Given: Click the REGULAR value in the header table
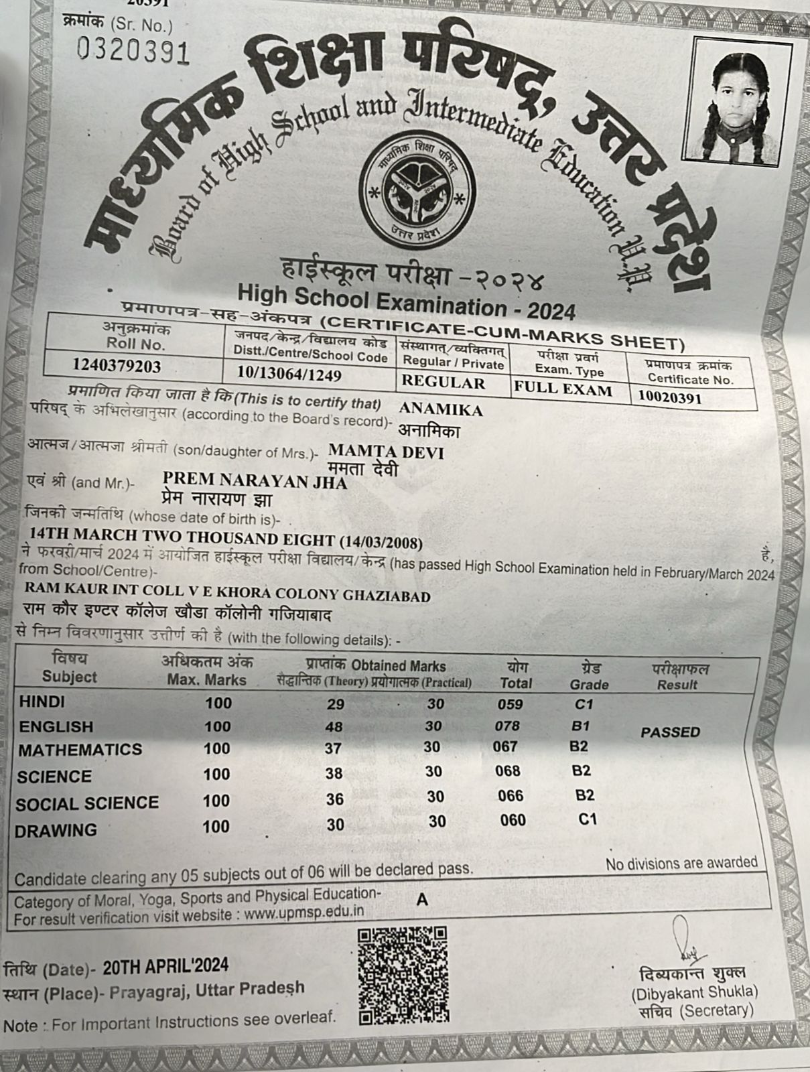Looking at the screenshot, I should [443, 383].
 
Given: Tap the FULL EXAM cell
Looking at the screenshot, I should [563, 389].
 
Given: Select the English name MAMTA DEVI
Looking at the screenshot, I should [386, 452].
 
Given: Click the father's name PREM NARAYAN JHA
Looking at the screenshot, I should [255, 480].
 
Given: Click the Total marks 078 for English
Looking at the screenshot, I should [507, 726].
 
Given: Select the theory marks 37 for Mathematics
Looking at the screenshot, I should [333, 748].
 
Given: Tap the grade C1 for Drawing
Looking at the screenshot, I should [588, 819].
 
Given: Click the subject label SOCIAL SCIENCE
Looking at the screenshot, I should [87, 803].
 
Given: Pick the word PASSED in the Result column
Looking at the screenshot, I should [669, 732].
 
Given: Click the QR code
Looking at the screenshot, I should [403, 975].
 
